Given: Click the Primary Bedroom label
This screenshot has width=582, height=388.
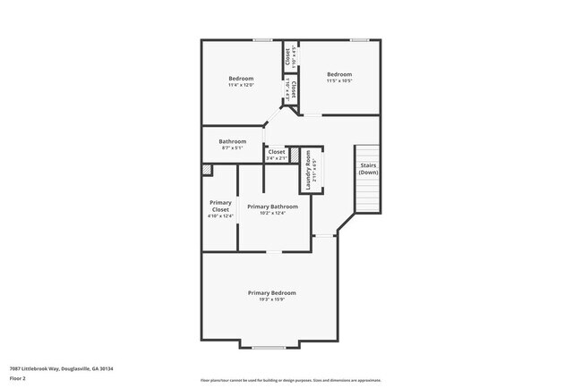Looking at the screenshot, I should [x=271, y=292].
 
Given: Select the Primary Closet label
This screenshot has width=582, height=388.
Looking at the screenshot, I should [x=220, y=206].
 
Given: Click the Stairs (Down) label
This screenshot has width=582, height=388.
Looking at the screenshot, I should [x=368, y=168].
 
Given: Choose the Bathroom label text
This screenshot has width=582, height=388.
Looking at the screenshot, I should [x=232, y=140].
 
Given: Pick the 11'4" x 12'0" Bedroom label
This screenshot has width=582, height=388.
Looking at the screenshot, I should [x=241, y=78].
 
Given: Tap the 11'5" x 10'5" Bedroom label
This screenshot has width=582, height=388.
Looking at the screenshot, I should [x=338, y=74].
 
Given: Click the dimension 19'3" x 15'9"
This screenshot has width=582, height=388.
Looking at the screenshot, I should [x=271, y=299].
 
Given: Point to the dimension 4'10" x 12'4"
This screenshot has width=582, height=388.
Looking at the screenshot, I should [x=220, y=215].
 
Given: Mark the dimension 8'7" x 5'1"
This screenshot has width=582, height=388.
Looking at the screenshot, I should [x=232, y=148].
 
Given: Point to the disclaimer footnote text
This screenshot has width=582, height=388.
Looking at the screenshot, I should [x=291, y=379].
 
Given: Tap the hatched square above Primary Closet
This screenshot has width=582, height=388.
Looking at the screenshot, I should [x=207, y=169].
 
